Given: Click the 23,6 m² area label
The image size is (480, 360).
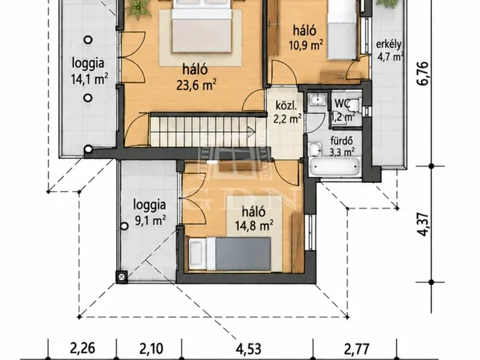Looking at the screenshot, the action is click(196, 85).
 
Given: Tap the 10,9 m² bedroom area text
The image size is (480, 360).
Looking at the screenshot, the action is click(306, 45).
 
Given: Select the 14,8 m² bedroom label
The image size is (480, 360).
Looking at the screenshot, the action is click(254, 226).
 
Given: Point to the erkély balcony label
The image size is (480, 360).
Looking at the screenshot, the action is click(388, 44).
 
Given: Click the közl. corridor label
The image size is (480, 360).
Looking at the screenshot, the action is click(286, 106).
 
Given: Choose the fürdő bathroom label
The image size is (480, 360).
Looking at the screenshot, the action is click(342, 141).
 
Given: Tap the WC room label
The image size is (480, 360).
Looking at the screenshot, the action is click(342, 103).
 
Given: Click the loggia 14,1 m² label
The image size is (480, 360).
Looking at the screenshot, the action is click(89, 71).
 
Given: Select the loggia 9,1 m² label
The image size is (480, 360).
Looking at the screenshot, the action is click(150, 212).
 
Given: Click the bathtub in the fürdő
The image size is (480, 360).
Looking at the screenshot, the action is click(335, 167).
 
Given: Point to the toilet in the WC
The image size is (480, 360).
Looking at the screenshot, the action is click(355, 105).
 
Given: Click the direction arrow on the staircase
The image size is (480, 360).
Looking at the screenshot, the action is click(251, 132).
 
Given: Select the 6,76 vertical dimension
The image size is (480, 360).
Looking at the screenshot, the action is click(423, 73).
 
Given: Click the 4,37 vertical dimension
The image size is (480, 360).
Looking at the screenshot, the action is click(423, 224).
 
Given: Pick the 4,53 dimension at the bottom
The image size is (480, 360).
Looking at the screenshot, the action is click(248, 349).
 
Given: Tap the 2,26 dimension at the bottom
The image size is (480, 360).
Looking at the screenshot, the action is click(82, 348).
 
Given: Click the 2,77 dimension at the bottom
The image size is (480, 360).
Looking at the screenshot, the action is click(357, 349).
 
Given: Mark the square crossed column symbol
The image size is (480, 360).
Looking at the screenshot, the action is click(121, 277).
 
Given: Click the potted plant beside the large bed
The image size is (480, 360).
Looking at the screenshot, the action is click(138, 7).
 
